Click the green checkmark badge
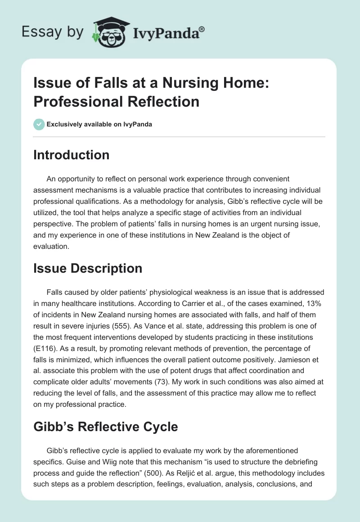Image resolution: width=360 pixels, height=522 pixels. click(39, 124)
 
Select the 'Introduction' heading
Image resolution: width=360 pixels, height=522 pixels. click(72, 155)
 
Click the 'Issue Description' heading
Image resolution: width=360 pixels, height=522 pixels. click(88, 269)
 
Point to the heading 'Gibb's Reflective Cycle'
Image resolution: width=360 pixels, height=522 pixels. click(106, 427)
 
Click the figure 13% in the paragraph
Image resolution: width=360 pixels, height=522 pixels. click(314, 304)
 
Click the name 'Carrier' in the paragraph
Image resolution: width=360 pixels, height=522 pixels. click(159, 304)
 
